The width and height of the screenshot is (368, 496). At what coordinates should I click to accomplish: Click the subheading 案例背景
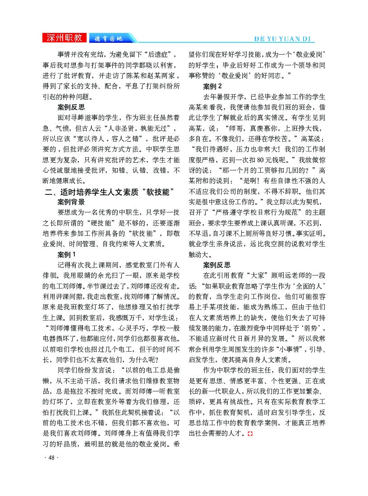[71, 202]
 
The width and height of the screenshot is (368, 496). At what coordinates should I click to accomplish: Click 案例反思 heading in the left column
[71, 107]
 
